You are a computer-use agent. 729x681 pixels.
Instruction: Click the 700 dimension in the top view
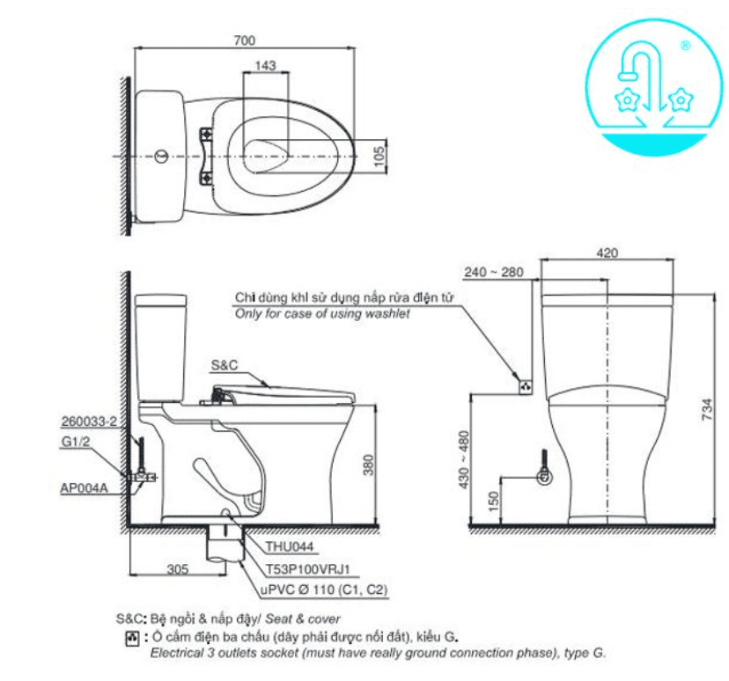coord(245,40)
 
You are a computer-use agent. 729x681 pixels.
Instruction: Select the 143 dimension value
coord(266,65)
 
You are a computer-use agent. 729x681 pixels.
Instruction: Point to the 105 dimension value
coord(379,156)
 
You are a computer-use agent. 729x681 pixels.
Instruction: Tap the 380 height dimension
coord(368,465)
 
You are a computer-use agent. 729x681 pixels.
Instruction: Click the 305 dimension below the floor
coord(178,569)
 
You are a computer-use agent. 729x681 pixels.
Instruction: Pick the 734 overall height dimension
coord(707,409)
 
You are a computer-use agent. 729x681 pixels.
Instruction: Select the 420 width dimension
coord(607,253)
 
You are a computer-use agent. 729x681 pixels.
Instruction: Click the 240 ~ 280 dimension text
coord(494,272)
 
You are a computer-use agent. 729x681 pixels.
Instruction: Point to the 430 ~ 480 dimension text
coord(464,459)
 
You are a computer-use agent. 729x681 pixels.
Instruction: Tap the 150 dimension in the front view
coord(494,502)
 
